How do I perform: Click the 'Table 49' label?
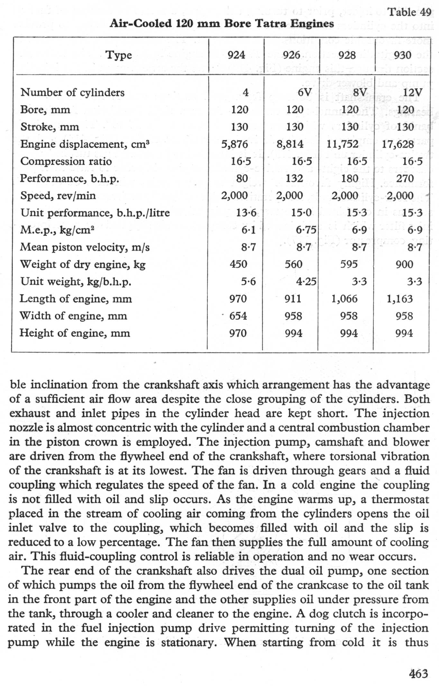pyautogui.click(x=409, y=12)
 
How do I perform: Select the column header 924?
pyautogui.click(x=236, y=55)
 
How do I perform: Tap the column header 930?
pyautogui.click(x=402, y=55)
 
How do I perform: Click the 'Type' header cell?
pyautogui.click(x=119, y=55)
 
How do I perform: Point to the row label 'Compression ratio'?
pyautogui.click(x=66, y=161)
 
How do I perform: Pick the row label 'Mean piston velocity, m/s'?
pyautogui.click(x=85, y=247)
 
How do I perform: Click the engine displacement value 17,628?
pyautogui.click(x=398, y=144)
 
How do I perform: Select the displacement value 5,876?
pyautogui.click(x=234, y=144)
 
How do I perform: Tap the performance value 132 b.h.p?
pyautogui.click(x=295, y=178)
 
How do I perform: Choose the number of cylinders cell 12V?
pyautogui.click(x=412, y=93)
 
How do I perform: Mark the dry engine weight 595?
pyautogui.click(x=349, y=264)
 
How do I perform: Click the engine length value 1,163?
pyautogui.click(x=399, y=299)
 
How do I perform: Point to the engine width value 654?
pyautogui.click(x=238, y=316)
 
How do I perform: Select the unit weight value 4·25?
pyautogui.click(x=306, y=281)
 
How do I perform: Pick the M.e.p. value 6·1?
pyautogui.click(x=248, y=230)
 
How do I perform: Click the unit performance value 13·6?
pyautogui.click(x=246, y=213)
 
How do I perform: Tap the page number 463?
pyautogui.click(x=418, y=673)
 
